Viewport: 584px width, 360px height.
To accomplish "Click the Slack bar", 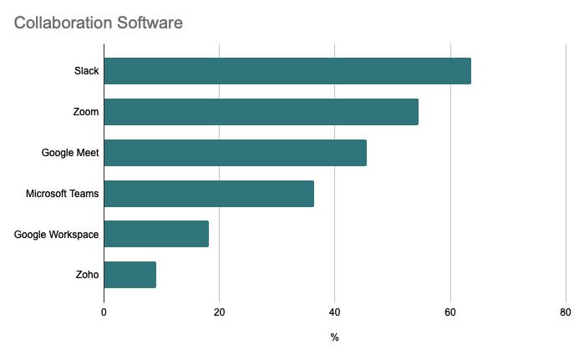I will (x=287, y=71).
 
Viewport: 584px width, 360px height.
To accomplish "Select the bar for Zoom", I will (x=261, y=112).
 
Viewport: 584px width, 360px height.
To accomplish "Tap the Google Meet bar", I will (x=235, y=153).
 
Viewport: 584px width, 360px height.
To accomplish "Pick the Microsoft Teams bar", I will (x=209, y=194).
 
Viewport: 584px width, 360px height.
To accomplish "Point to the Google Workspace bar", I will (x=156, y=234).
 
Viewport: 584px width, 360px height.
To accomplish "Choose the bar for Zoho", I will (x=129, y=275).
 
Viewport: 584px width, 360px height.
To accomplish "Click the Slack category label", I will (x=86, y=71).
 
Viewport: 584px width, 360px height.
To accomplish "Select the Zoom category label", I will (x=86, y=112).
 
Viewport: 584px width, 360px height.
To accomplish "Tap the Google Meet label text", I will (x=70, y=153).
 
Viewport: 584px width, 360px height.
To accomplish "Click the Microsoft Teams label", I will (x=63, y=194).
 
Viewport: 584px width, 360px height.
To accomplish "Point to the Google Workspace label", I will (x=57, y=234).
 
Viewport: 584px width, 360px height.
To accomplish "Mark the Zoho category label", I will (x=87, y=275).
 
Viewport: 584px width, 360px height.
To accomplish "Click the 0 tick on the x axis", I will (x=104, y=312).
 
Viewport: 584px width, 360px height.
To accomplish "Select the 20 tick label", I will (x=219, y=312).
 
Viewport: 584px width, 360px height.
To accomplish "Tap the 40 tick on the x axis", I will (x=334, y=312).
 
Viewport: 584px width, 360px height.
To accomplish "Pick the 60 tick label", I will (x=450, y=312).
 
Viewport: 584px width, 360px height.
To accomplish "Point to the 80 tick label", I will (x=566, y=312).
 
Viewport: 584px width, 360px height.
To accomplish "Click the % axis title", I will (x=334, y=337).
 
